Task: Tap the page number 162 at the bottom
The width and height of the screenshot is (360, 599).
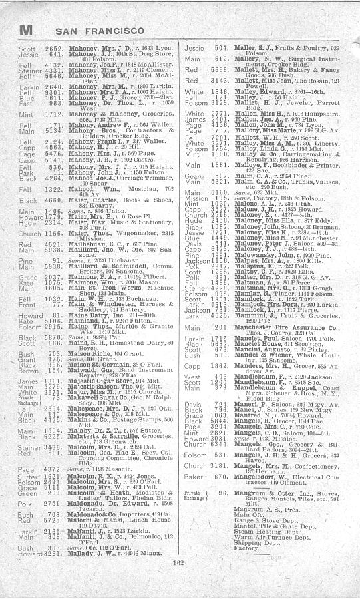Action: [x=178, y=580]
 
